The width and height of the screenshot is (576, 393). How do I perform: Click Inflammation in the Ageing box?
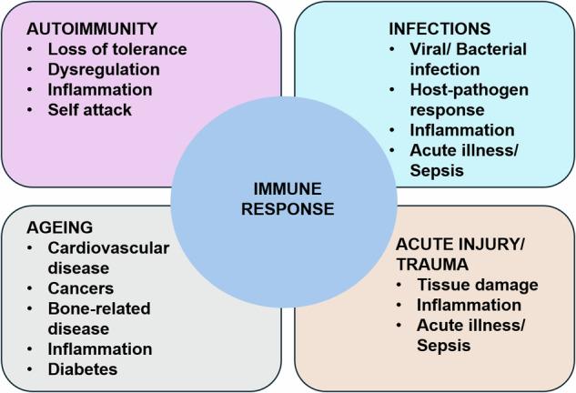99,349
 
